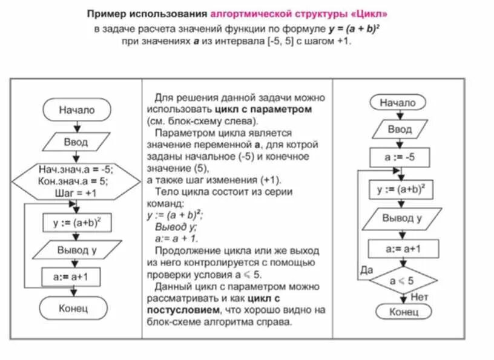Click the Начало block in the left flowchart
click(77, 111)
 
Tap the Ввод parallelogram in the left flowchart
click(76, 142)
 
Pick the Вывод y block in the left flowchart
click(76, 249)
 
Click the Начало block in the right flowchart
click(398, 103)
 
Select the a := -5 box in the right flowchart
click(400, 157)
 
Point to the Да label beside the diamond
click(365, 269)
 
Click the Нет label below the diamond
click(419, 297)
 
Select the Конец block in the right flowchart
click(403, 312)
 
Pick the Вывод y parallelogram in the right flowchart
click(401, 218)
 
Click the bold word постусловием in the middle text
click(182, 310)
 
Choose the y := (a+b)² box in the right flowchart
click(401, 189)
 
